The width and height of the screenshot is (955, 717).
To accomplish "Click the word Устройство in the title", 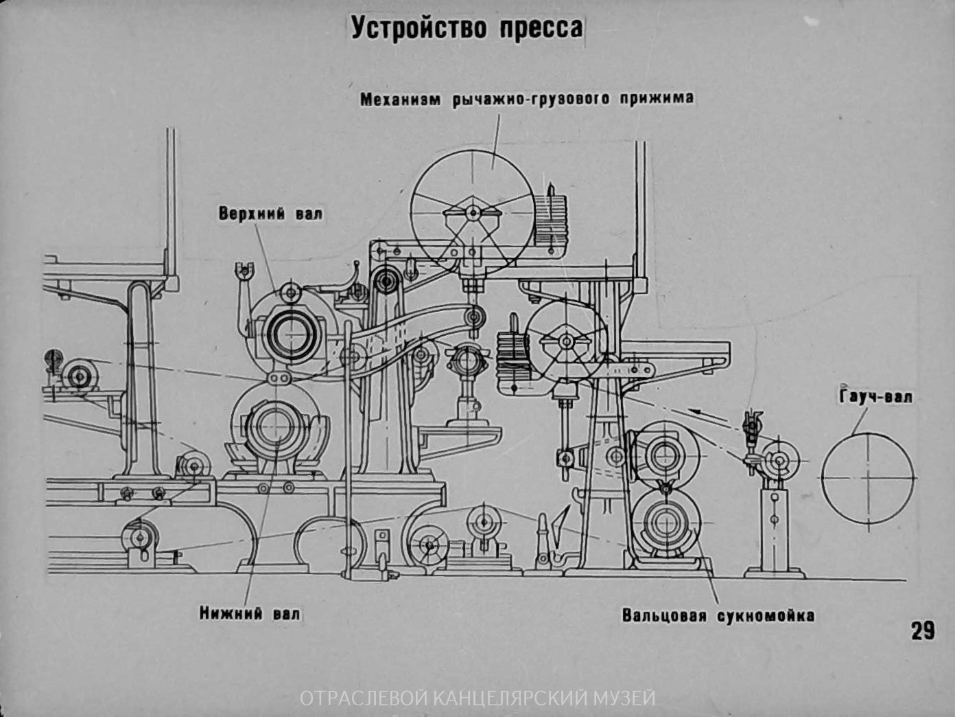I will [x=418, y=28].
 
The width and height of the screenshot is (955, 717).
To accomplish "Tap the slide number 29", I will [x=923, y=630].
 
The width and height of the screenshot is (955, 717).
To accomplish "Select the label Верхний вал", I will [x=270, y=214].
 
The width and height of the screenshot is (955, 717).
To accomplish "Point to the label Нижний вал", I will [x=250, y=613].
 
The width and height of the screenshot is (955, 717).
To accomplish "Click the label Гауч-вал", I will [x=876, y=396].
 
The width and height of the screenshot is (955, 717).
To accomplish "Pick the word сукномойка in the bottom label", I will [x=766, y=615].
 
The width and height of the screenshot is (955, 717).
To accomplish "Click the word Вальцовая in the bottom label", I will [x=663, y=615].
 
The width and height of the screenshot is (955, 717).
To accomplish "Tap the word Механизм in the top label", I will [x=401, y=99].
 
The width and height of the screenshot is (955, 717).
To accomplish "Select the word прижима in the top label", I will [x=657, y=98].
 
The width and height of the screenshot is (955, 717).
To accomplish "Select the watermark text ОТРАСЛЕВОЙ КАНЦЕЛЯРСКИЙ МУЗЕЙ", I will [x=478, y=698].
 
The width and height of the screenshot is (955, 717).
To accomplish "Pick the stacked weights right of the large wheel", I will [x=551, y=218].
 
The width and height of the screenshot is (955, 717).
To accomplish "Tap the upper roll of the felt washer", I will [x=663, y=454].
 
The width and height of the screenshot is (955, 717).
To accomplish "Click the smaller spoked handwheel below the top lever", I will [x=567, y=341].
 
